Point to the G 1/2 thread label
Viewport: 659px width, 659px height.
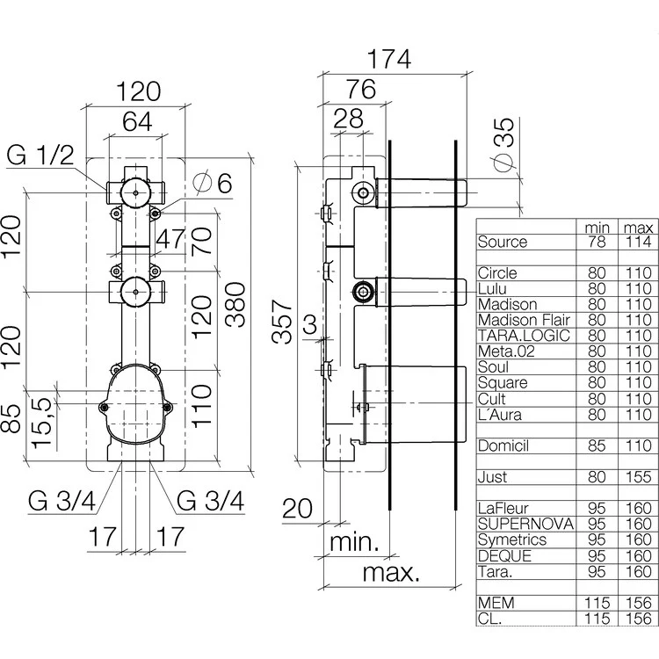[40, 157]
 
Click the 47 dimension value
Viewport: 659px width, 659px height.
[173, 239]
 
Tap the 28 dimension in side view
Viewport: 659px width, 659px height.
[350, 119]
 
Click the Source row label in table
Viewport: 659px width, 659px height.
[502, 242]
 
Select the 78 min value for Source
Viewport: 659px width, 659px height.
[597, 242]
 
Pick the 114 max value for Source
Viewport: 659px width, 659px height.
[637, 242]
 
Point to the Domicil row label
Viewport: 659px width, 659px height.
[503, 445]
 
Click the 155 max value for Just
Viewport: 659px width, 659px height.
[637, 477]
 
